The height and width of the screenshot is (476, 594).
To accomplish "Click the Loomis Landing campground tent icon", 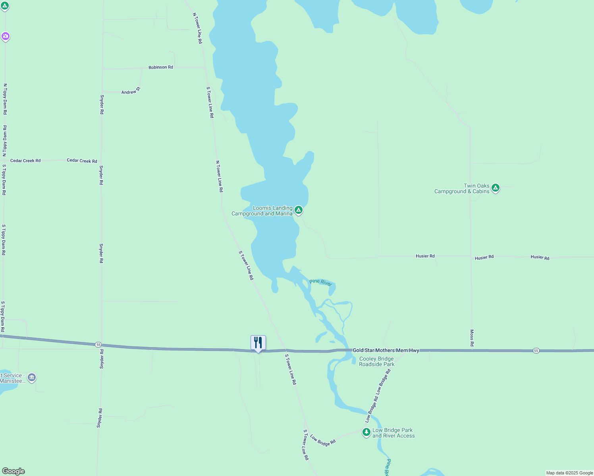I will tap(299, 210).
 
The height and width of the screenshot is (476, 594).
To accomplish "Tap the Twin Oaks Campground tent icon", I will tap(495, 188).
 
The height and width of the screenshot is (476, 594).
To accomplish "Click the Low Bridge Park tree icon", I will tap(366, 432).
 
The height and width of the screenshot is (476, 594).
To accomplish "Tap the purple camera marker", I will tap(5, 36).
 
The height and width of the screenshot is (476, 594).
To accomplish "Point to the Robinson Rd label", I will tap(161, 67).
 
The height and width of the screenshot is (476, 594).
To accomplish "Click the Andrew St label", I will tap(131, 91).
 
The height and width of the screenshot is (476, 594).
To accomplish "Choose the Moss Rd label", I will tap(472, 338).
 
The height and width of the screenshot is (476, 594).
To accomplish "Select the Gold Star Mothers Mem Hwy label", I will tap(386, 350).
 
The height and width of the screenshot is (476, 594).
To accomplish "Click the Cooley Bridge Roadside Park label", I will tap(377, 361).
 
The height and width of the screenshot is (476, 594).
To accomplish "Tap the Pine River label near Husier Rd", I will tap(320, 282).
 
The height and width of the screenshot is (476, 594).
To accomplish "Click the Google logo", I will tap(13, 471).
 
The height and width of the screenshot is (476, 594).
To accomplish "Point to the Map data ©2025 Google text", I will tap(569, 473).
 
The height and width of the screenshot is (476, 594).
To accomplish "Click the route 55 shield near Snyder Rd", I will tap(98, 345).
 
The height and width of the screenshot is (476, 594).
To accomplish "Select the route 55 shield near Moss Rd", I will tap(536, 351).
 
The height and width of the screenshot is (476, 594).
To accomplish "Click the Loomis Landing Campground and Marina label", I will tap(262, 211).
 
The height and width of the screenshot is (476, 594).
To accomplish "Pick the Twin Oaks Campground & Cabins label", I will tap(462, 188).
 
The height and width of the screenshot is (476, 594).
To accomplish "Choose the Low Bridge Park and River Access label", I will tap(393, 433).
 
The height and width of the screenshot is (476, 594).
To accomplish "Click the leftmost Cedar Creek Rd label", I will tap(25, 161).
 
